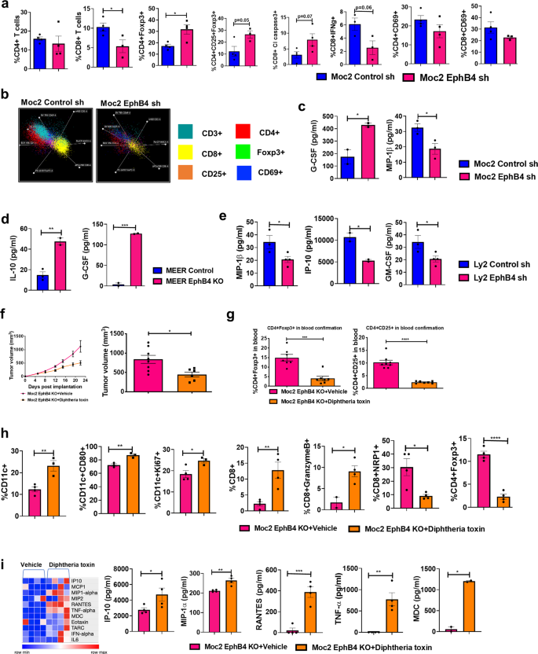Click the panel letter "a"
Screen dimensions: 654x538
pos(5,6)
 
